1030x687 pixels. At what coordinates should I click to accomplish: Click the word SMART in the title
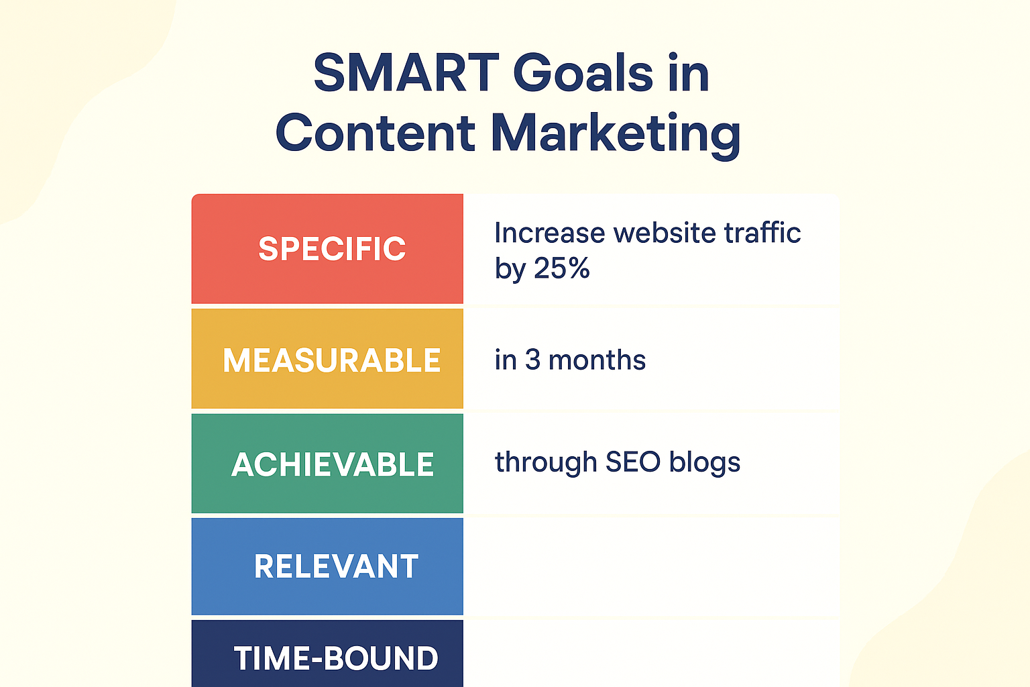406,73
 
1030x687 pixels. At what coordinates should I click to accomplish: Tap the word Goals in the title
583,73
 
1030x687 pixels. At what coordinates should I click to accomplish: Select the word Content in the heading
376,133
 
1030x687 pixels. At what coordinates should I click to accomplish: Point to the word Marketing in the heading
616,136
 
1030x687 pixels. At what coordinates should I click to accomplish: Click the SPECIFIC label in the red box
332,249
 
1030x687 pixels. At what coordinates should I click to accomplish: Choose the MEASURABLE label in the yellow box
332,360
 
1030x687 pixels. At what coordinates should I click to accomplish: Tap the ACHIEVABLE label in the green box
333,464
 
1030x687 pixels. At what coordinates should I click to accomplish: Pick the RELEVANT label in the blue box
336,566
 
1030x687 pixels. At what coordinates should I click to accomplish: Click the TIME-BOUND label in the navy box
336,658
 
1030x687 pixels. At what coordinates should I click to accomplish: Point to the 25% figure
562,268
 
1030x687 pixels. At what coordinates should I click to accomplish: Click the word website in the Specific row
665,232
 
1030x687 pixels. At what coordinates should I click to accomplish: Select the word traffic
762,232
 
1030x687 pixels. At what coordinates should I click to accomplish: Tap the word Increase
549,232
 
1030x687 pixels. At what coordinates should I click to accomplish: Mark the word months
597,360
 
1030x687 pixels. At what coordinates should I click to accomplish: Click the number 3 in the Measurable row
532,360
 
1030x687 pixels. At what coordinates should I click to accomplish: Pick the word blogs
705,464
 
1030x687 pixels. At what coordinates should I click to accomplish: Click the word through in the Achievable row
546,464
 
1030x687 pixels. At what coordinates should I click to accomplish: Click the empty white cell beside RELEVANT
651,566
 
